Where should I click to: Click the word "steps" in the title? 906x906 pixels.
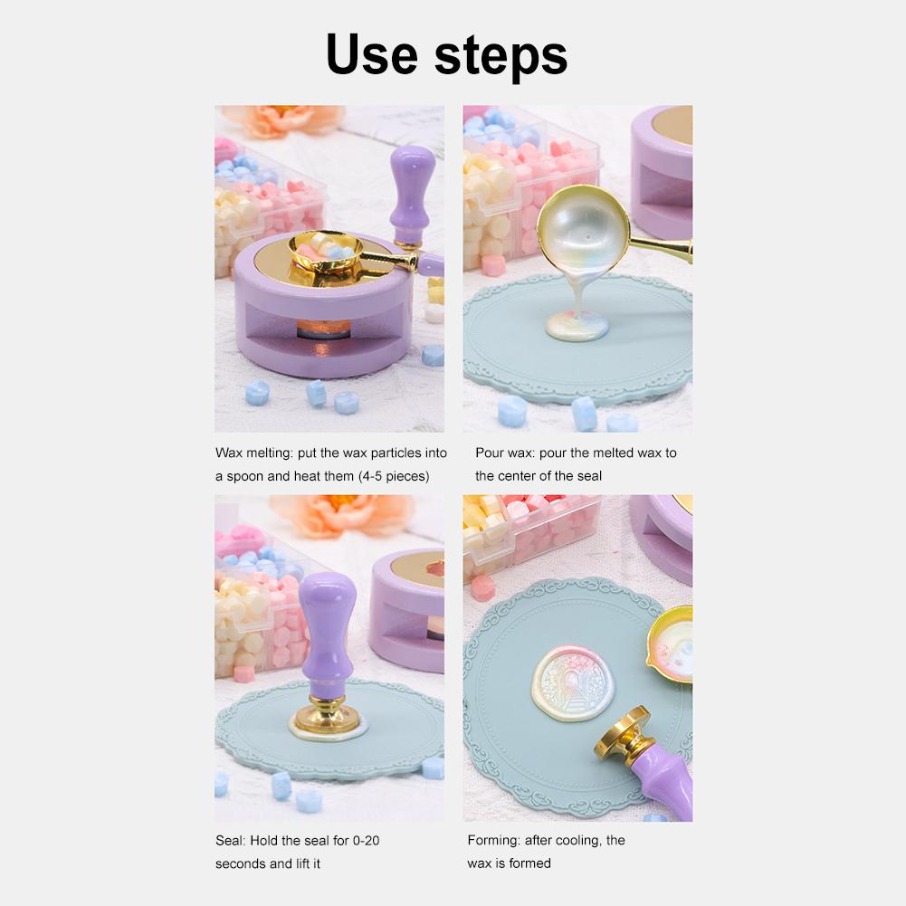click(x=501, y=56)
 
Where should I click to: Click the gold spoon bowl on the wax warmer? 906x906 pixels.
click(x=326, y=251)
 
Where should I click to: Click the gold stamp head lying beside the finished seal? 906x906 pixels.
click(x=624, y=733)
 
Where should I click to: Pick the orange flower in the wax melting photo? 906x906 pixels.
click(x=282, y=119)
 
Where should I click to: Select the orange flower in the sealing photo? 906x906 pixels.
click(x=341, y=513)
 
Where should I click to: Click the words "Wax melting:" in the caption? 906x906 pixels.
click(x=254, y=453)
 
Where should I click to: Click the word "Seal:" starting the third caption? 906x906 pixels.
click(x=231, y=840)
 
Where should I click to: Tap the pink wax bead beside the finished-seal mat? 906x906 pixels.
click(x=483, y=587)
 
